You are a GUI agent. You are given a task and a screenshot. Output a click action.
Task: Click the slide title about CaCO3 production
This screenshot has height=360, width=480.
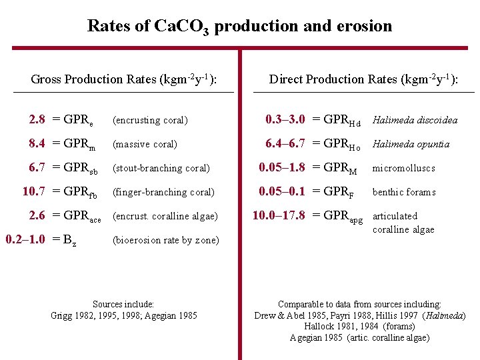[239, 27]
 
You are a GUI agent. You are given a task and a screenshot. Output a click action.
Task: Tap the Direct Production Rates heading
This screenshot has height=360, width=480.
[363, 79]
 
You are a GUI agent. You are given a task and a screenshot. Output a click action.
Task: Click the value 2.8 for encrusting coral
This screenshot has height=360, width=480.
[37, 120]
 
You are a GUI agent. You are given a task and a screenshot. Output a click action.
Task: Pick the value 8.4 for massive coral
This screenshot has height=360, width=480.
[37, 144]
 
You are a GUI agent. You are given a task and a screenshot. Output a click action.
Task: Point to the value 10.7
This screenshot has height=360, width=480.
[33, 192]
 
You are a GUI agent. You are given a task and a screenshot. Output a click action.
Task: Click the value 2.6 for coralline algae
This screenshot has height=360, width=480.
[37, 216]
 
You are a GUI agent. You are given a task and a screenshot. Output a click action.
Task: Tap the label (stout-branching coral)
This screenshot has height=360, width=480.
[161, 168]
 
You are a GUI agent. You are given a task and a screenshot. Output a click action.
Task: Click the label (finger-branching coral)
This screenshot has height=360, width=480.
[163, 192]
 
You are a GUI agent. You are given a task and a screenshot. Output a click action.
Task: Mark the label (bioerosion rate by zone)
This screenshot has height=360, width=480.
[165, 240]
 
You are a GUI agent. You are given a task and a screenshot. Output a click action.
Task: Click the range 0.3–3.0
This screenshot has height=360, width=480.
[285, 120]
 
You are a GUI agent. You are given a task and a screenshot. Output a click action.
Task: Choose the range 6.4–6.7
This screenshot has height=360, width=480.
[285, 144]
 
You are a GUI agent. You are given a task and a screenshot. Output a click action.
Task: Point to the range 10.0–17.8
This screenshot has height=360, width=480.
[278, 215]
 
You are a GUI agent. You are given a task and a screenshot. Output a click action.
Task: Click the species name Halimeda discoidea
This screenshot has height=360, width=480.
[415, 120]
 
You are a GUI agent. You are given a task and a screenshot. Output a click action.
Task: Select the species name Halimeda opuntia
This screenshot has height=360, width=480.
[411, 144]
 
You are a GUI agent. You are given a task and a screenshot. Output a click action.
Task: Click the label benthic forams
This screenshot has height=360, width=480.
[404, 192]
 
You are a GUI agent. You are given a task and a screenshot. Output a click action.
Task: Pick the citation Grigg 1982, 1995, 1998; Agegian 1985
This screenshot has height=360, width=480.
[124, 315]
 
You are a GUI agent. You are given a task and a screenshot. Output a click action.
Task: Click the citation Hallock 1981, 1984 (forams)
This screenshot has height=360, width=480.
[359, 326]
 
